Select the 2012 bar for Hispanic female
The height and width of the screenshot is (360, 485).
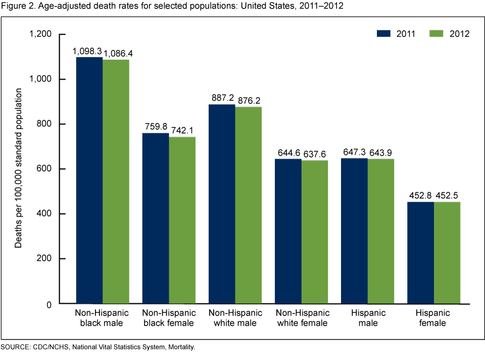(x=447, y=252)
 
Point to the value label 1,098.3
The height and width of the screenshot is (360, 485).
(x=88, y=52)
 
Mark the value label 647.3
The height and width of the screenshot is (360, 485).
(x=354, y=153)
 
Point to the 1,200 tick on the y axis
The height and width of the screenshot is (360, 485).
(x=41, y=34)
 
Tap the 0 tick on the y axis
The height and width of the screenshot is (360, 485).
(x=49, y=304)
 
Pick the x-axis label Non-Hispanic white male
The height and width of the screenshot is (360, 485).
(x=235, y=318)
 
